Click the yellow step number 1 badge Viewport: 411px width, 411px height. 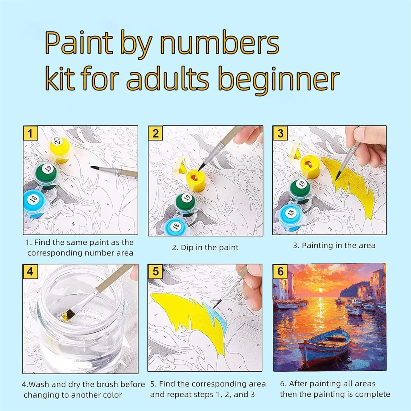click(x=30, y=133)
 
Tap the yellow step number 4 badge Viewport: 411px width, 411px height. click(x=30, y=272)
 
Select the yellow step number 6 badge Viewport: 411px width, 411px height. click(x=280, y=271)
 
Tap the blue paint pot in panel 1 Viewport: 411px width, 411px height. click(x=35, y=203)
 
